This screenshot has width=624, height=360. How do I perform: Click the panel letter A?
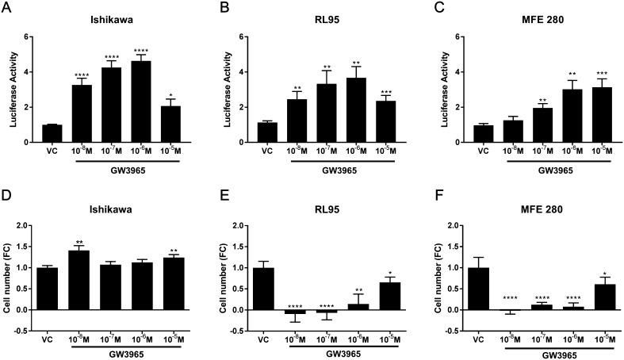coord(6,7)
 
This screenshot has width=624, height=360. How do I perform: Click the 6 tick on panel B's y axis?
coord(250,37)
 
